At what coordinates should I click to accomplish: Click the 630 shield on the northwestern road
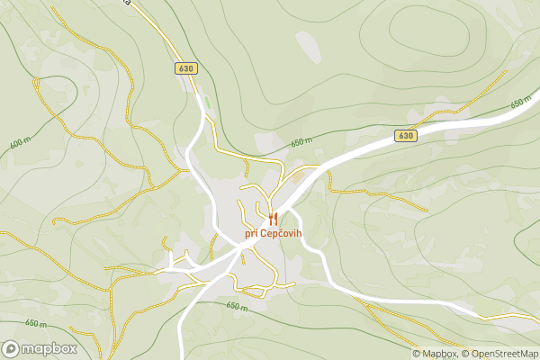(x=186, y=68)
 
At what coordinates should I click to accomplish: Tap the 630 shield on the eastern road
(x=406, y=136)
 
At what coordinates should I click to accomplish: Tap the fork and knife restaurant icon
(x=273, y=218)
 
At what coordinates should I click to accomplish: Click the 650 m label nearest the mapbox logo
(x=36, y=323)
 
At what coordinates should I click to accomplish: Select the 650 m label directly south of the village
(x=237, y=307)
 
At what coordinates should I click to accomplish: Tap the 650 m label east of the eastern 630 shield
(x=520, y=103)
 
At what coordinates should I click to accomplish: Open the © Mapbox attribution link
(x=434, y=353)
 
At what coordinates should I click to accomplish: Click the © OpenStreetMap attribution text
(x=499, y=353)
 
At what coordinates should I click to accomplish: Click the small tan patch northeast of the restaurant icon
(x=298, y=179)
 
